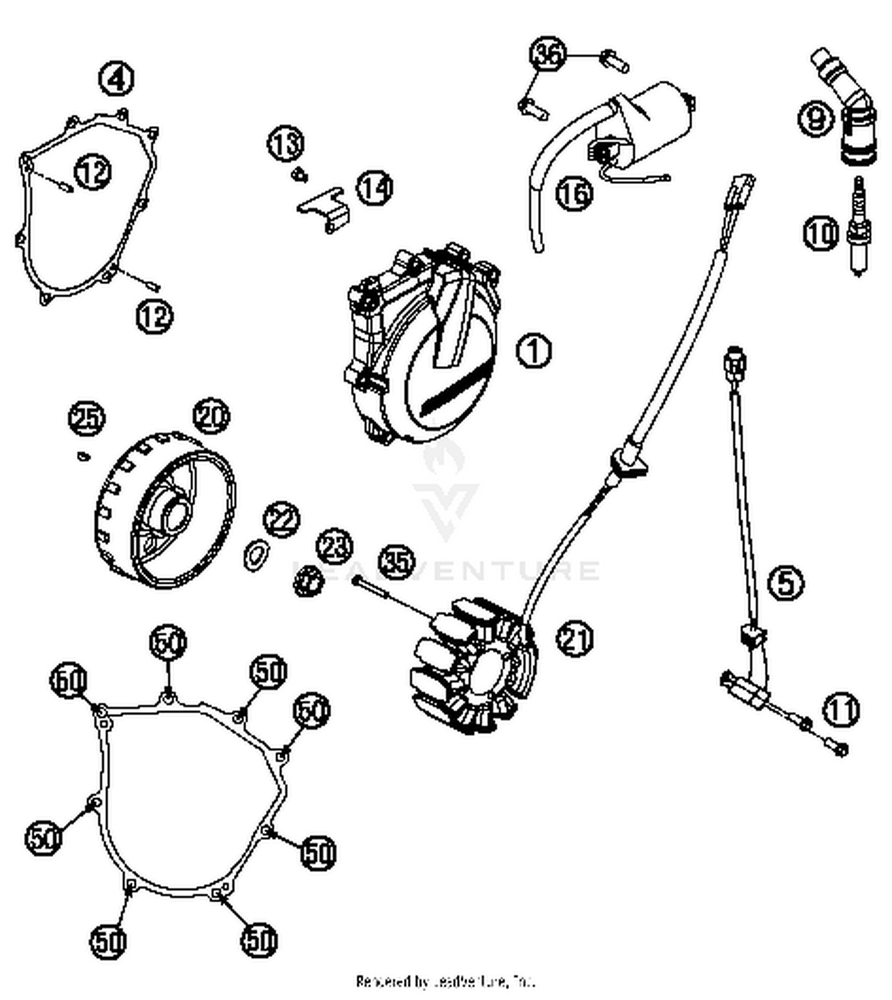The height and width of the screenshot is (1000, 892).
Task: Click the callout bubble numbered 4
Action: (117, 79)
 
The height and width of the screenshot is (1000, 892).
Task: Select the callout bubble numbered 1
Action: (533, 350)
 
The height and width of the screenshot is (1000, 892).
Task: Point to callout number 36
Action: (547, 55)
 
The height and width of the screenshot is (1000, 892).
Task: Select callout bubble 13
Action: (285, 144)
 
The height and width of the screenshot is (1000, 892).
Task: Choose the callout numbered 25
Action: (87, 418)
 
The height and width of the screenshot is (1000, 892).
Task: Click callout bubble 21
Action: (574, 639)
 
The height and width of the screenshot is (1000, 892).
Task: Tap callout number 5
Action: (786, 582)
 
